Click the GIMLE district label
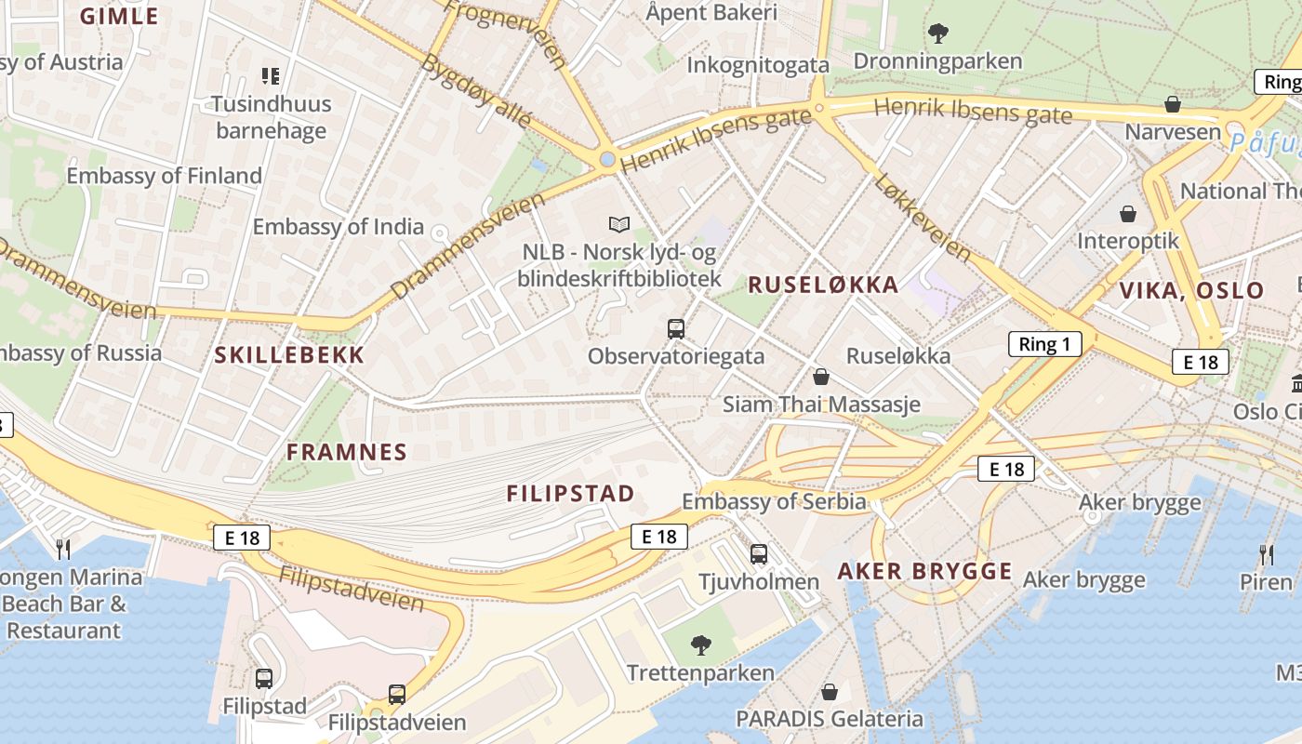point(119,16)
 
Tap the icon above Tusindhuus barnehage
point(271,75)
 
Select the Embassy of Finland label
point(164,176)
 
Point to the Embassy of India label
point(338,226)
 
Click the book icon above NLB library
point(619,224)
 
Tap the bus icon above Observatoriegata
point(676,328)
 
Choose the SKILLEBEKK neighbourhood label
point(289,354)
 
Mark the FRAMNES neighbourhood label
point(347,452)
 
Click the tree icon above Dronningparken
point(937,33)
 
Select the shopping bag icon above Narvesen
point(1173,103)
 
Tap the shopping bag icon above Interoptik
point(1128,214)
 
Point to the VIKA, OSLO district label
point(1191,290)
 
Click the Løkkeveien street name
point(923,217)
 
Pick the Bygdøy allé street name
point(476,91)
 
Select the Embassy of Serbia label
point(774,502)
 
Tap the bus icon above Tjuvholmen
point(759,554)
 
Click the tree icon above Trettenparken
point(700,644)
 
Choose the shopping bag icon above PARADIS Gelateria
point(829,692)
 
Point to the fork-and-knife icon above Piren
point(1266,554)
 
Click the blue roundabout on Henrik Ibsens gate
point(607,160)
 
